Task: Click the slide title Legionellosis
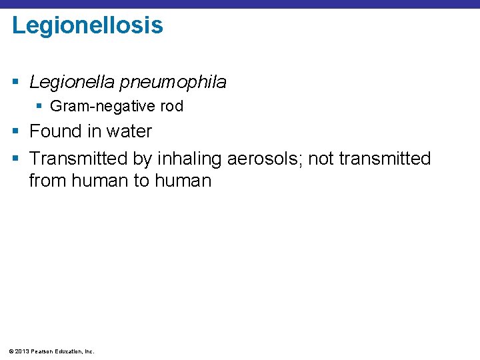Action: [x=87, y=25]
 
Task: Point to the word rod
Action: [x=172, y=106]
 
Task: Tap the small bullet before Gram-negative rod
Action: [x=41, y=106]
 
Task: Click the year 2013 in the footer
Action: [x=21, y=351]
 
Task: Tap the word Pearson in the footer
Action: [x=41, y=351]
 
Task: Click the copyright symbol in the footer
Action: [x=9, y=351]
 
